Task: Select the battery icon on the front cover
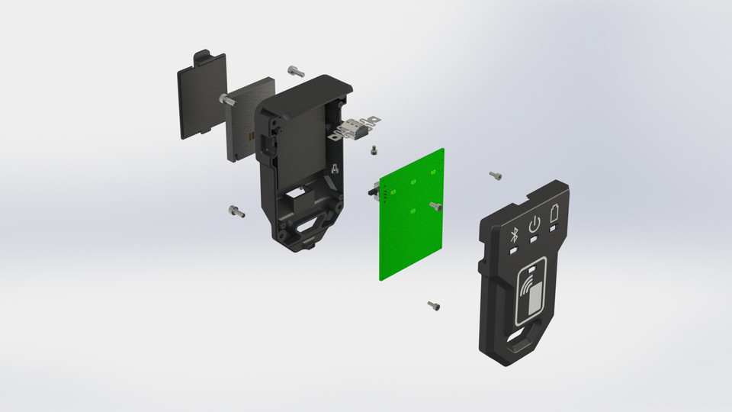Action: click(554, 214)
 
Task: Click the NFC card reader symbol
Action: click(534, 295)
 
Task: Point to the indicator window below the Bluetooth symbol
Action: click(515, 249)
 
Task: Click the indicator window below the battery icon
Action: click(555, 227)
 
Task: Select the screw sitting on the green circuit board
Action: click(435, 206)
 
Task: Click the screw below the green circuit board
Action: click(434, 306)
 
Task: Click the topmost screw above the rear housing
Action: click(296, 72)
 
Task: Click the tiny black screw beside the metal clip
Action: click(374, 150)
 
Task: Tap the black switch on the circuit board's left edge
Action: click(374, 192)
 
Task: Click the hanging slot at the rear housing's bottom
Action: click(311, 227)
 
